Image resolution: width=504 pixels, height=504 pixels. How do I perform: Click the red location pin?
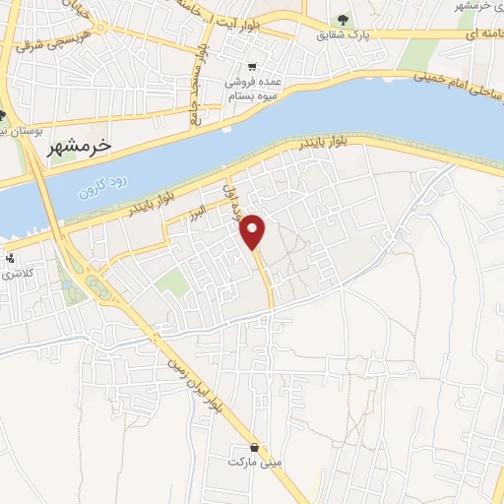pos(253,230)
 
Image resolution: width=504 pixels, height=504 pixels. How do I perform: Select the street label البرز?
pos(197,211)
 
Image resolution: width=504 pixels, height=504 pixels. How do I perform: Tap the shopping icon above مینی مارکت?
pos(255,446)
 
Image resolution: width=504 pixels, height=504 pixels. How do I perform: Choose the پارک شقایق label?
pos(346,34)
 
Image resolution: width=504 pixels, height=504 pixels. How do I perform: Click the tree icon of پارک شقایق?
pos(343,19)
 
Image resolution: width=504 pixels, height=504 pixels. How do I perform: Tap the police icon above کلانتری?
pos(10,259)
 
